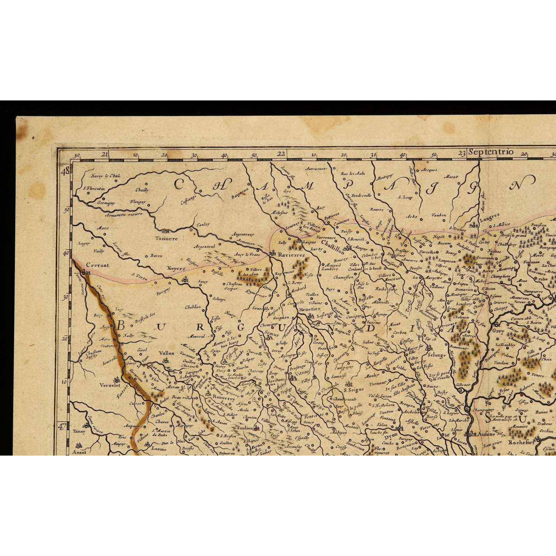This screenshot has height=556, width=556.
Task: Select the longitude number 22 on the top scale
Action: click(281, 153)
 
